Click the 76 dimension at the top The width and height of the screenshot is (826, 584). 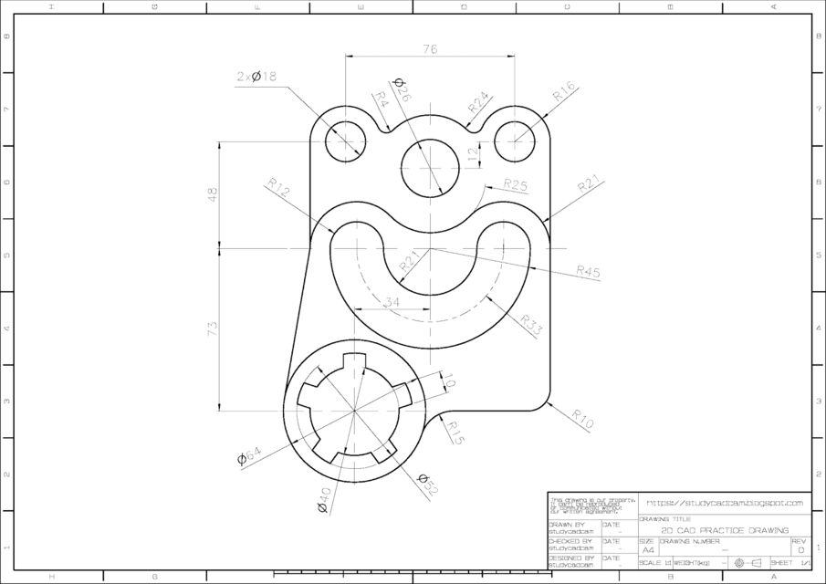pyautogui.click(x=430, y=49)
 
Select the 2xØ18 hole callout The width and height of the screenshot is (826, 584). pyautogui.click(x=256, y=78)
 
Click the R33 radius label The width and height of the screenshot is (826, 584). pyautogui.click(x=531, y=325)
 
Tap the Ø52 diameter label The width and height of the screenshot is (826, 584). pyautogui.click(x=427, y=485)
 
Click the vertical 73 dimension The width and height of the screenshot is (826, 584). pyautogui.click(x=213, y=329)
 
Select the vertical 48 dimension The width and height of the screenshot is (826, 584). pyautogui.click(x=213, y=193)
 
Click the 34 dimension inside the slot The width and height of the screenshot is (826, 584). pyautogui.click(x=392, y=302)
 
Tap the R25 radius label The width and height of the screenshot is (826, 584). pyautogui.click(x=516, y=184)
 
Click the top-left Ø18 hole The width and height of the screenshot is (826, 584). pyautogui.click(x=346, y=141)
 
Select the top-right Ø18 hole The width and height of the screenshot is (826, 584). pyautogui.click(x=516, y=141)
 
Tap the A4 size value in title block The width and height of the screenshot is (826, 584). pyautogui.click(x=648, y=550)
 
